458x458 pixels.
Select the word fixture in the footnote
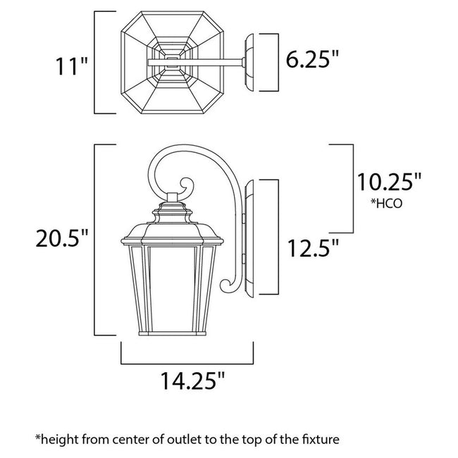pyautogui.click(x=321, y=439)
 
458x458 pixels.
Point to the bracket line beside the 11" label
pyautogui.click(x=97, y=62)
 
